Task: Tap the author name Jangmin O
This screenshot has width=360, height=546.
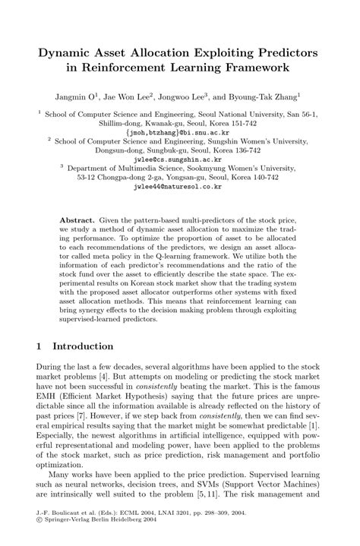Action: click(x=74, y=96)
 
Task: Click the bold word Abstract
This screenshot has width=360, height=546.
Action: click(x=77, y=218)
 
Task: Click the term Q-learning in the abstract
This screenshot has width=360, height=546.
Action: click(x=201, y=257)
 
